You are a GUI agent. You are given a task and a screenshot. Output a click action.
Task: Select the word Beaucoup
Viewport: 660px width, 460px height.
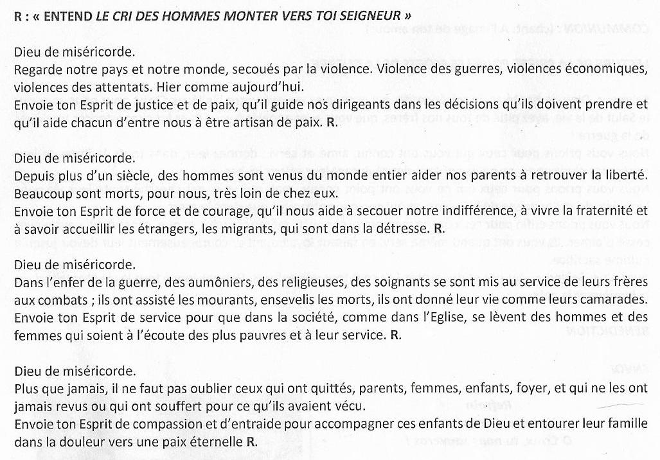coord(40,193)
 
